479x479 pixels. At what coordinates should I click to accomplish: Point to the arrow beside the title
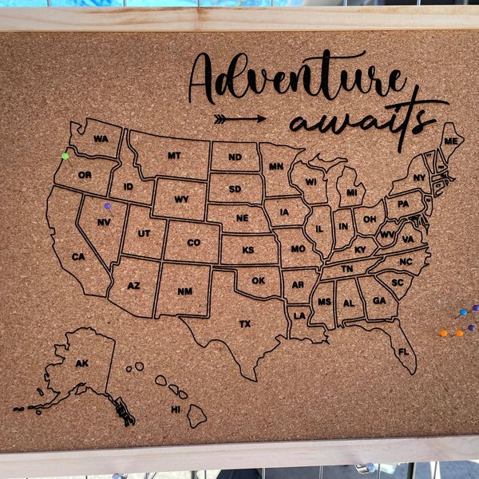[239, 119]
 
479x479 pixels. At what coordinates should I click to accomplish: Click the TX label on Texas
[244, 324]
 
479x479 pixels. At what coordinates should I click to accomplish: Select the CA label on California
[78, 256]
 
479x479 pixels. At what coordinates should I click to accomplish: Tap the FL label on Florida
[403, 351]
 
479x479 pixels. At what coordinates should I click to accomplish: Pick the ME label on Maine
[451, 141]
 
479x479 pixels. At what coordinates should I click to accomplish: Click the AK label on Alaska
[81, 363]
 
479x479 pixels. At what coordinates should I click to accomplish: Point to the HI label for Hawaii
[176, 409]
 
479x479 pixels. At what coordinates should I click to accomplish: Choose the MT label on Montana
[174, 156]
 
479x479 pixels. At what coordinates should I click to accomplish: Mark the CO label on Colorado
[194, 243]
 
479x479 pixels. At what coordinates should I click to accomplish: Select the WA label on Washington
[101, 139]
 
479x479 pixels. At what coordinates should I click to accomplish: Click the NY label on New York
[419, 178]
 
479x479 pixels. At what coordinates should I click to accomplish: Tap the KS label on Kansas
[248, 250]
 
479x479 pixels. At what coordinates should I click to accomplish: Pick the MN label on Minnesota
[276, 167]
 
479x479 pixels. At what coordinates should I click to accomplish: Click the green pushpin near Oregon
[65, 156]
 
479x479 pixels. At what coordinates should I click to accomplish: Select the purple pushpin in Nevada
[107, 206]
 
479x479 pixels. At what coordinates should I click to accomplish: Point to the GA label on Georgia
[379, 301]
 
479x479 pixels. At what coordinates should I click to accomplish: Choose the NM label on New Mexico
[184, 291]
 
